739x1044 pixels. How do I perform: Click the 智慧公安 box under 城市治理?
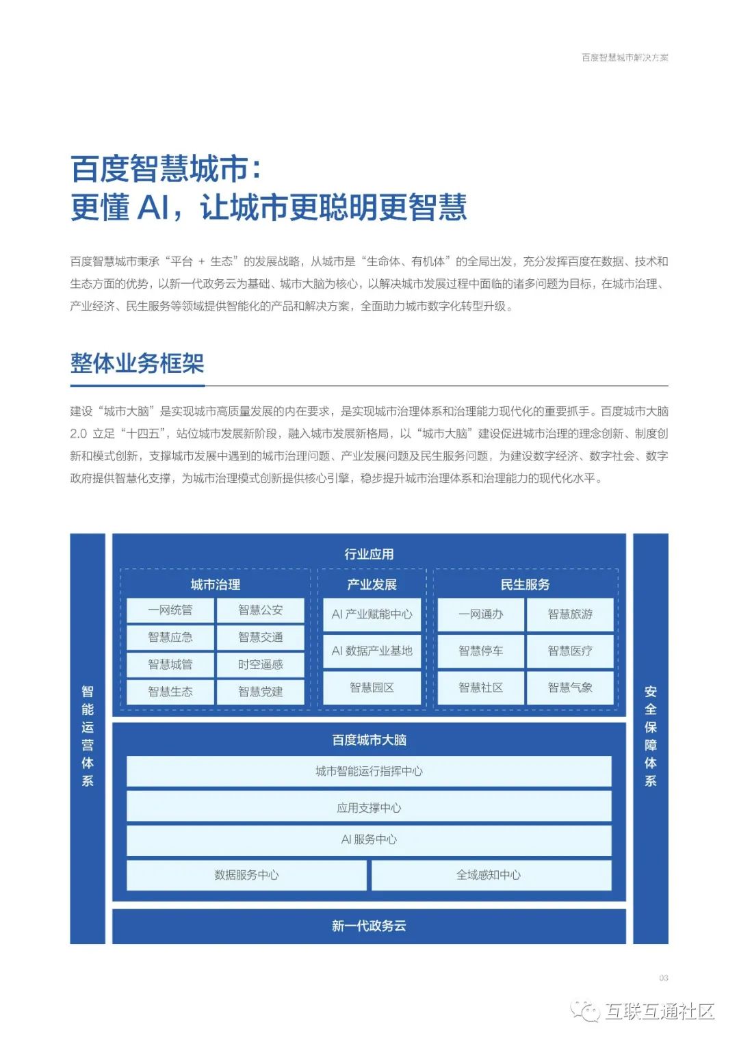(260, 610)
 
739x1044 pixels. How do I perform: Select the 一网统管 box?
(170, 610)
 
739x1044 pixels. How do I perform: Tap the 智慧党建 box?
(260, 692)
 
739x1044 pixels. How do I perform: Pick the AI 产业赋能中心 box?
(372, 614)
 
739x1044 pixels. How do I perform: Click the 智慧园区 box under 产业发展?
(372, 688)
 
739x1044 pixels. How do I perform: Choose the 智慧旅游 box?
(570, 614)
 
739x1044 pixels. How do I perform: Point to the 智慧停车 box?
(480, 651)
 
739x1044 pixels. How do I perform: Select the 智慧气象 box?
(570, 688)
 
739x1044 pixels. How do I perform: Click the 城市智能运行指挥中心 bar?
(369, 771)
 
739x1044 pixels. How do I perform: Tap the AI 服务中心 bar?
(369, 839)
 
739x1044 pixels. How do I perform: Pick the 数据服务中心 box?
(246, 875)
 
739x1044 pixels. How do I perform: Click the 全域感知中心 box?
(491, 875)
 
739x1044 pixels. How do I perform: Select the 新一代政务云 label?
(369, 926)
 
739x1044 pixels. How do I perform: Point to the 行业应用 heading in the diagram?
(369, 554)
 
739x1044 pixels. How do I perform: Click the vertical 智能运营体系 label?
(88, 736)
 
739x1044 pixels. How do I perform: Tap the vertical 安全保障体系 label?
(650, 736)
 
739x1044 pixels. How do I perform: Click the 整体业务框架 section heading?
(137, 363)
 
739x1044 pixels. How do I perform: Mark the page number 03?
(663, 978)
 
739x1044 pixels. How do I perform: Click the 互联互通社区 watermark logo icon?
(586, 1010)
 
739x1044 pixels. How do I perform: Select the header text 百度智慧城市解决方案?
(625, 57)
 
